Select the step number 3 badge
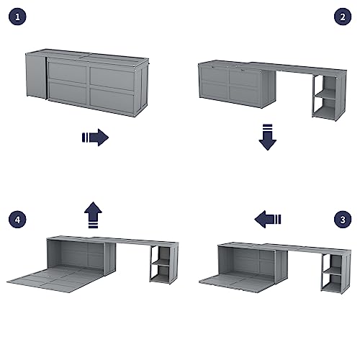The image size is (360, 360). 343,218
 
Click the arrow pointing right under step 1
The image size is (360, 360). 94,137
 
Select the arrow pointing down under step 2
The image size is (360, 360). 268,137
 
